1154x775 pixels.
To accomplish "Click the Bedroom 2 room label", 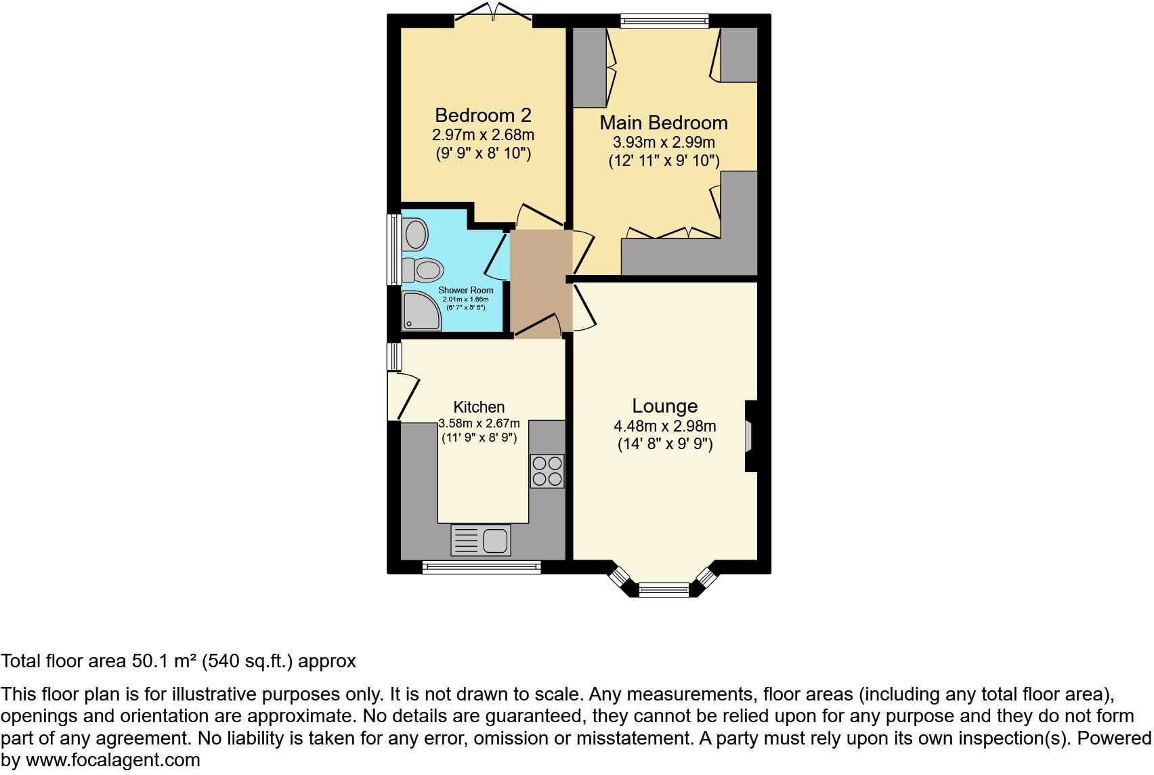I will coord(483,114).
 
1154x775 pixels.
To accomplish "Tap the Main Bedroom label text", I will coord(664,123).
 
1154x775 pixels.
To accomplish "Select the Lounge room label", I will coord(664,406).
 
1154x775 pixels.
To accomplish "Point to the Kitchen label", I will coord(479,407).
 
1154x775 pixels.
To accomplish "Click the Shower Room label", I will coord(466,290).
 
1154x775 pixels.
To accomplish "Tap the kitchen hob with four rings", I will coord(547,471).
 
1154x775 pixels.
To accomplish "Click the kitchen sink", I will coord(495,541).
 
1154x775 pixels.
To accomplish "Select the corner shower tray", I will coord(419,312).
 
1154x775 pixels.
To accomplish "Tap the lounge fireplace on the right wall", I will coord(750,436).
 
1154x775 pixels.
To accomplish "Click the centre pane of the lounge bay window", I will coord(664,590).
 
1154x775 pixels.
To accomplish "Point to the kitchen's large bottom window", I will coord(482,567).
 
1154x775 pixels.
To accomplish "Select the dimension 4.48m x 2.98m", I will coord(664,426).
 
